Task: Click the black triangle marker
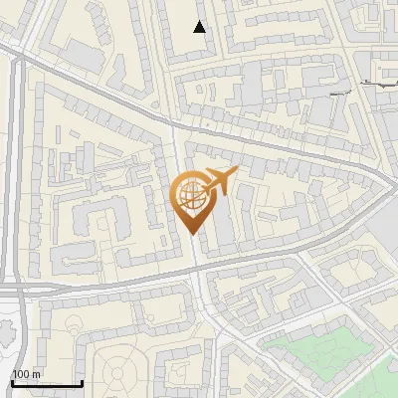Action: tap(201, 27)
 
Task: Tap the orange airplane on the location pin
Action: tap(218, 182)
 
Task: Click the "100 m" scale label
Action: tap(26, 374)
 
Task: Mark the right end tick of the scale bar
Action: tap(81, 382)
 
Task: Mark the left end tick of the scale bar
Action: tap(12, 382)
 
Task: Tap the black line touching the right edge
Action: tap(383, 85)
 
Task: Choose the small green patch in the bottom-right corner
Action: tap(383, 383)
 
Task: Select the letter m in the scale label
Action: tap(36, 374)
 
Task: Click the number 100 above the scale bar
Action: tap(21, 374)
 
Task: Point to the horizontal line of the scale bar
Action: tap(46, 384)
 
